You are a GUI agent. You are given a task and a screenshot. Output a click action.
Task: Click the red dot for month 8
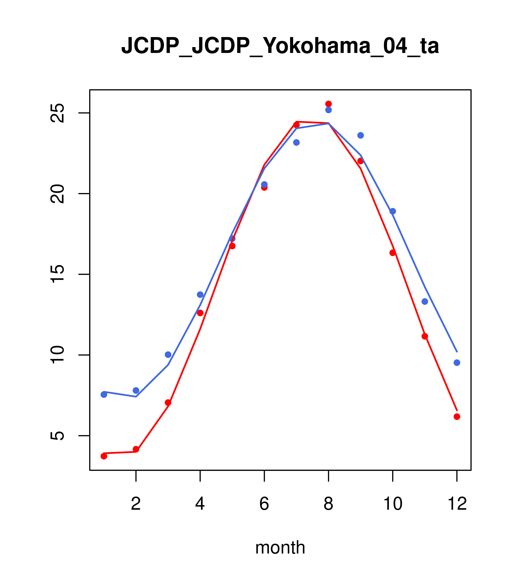pos(328,104)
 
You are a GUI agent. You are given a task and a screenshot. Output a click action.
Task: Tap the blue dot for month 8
pos(328,110)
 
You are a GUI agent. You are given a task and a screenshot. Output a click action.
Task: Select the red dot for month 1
pos(104,456)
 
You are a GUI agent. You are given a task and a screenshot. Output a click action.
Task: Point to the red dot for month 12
pos(457,417)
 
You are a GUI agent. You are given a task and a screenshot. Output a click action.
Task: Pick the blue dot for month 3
pos(168,355)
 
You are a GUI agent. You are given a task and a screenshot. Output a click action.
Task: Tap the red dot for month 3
pos(168,403)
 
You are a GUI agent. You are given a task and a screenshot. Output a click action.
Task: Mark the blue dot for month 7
pos(296,142)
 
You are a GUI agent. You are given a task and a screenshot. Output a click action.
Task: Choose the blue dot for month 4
pos(200,295)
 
